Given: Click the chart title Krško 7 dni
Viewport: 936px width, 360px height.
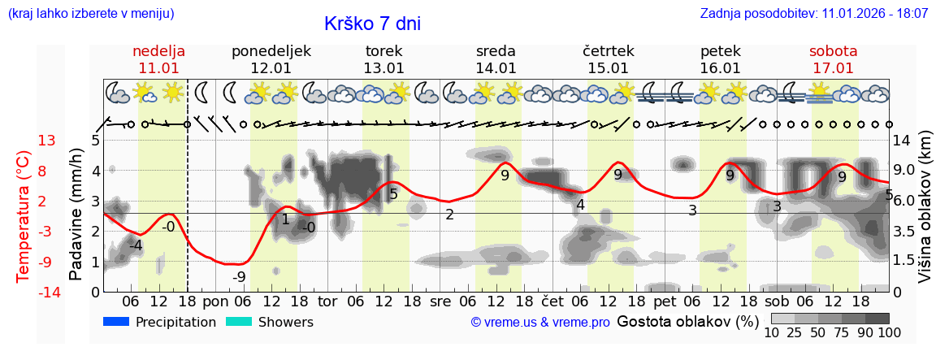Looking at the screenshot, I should click(372, 24).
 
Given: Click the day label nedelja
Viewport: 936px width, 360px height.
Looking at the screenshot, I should click(159, 51).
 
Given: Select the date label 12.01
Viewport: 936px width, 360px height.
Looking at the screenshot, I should click(271, 68).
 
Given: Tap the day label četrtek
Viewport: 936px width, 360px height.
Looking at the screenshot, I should click(609, 51).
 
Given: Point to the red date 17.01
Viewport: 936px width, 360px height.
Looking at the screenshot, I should click(833, 68).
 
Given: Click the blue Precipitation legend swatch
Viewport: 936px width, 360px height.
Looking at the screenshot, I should click(116, 322).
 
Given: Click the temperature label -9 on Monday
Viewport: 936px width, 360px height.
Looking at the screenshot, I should click(239, 277).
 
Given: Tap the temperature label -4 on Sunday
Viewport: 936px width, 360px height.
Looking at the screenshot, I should click(136, 245).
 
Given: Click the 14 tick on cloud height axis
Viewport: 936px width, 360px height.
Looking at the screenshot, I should click(903, 141).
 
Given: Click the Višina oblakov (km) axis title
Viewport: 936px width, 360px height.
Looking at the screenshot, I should click(925, 216).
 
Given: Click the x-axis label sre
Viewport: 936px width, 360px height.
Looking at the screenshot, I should click(440, 301).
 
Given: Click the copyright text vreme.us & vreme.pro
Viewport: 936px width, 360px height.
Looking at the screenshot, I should click(539, 323).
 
